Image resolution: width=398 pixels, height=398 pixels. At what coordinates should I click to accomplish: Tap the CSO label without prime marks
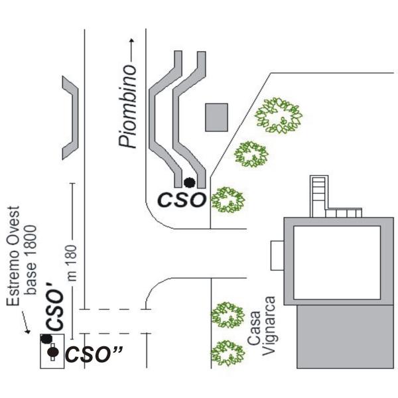180,200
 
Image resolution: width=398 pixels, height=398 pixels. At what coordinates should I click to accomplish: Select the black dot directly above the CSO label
189,182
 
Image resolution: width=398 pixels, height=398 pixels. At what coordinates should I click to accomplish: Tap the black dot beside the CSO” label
52,353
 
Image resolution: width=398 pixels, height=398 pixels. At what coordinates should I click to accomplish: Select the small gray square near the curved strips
216,117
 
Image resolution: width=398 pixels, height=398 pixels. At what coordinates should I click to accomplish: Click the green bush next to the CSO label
228,199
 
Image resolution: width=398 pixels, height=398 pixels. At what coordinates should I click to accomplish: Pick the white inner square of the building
336,263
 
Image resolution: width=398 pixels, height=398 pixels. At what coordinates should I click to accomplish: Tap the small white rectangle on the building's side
277,256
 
